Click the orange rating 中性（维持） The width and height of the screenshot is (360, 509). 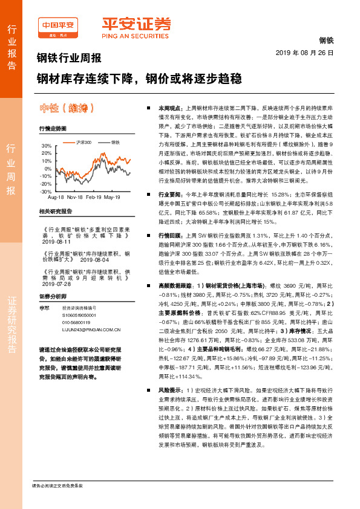click(67, 108)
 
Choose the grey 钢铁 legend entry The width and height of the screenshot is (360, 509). click(114, 142)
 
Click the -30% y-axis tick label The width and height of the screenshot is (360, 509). click(45, 191)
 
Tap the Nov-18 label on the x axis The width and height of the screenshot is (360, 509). click(75, 198)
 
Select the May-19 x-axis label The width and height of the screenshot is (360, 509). click(113, 198)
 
